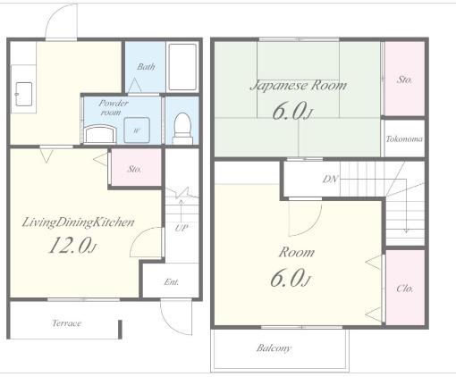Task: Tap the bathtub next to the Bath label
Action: click(x=182, y=67)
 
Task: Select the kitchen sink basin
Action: click(x=23, y=94)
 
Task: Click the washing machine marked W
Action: click(x=137, y=130)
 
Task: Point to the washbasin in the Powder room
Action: click(x=100, y=134)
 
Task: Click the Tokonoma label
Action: click(x=404, y=139)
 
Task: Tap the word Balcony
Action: click(x=274, y=348)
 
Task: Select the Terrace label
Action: click(x=67, y=323)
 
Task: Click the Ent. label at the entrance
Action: click(x=172, y=281)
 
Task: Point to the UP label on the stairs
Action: click(x=182, y=228)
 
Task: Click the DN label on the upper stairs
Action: click(x=331, y=179)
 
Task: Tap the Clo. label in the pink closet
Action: click(x=405, y=289)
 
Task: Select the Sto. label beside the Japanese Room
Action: click(x=404, y=80)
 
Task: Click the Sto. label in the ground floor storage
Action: click(x=134, y=169)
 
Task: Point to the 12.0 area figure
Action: click(x=72, y=245)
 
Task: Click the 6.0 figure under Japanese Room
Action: click(x=292, y=111)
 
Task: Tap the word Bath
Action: click(x=146, y=66)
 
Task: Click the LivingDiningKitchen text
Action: click(x=79, y=222)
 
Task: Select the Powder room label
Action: click(x=113, y=107)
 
